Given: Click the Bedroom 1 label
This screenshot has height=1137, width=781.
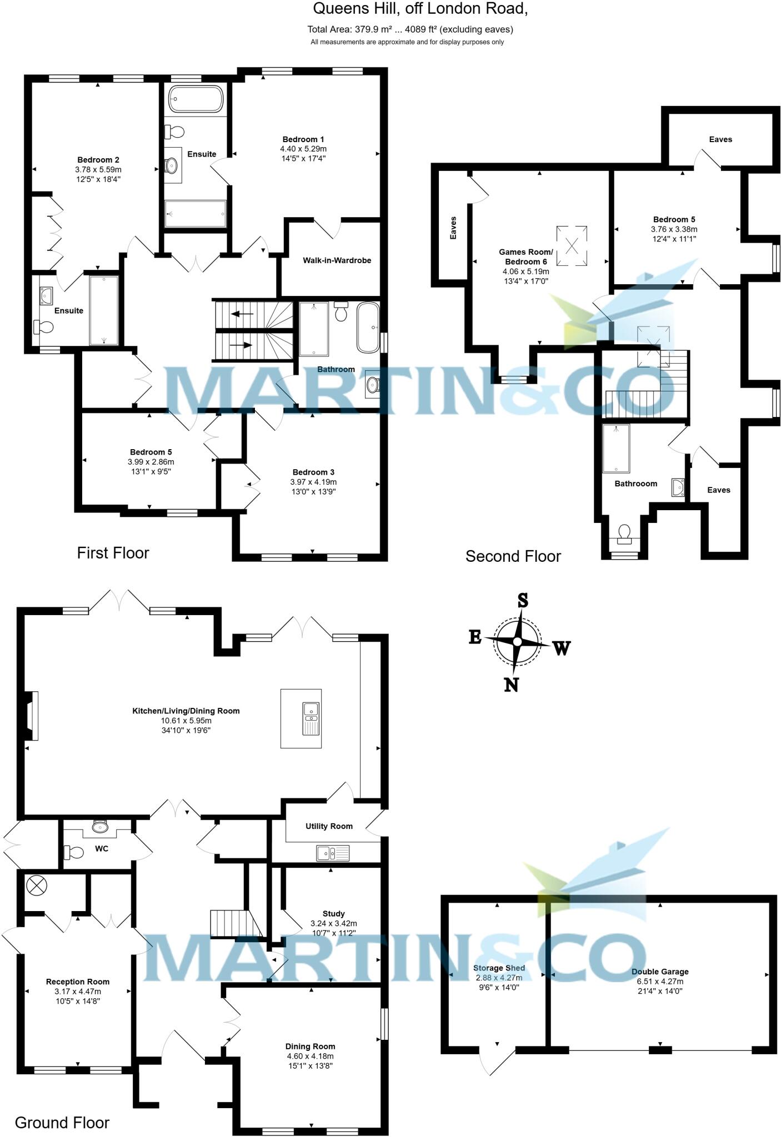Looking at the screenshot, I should pyautogui.click(x=303, y=139).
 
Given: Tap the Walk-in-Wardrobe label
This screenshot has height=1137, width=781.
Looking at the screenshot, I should pyautogui.click(x=337, y=260).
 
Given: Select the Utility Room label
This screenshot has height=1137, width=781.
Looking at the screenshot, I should pyautogui.click(x=329, y=826).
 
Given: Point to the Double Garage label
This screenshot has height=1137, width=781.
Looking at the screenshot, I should pyautogui.click(x=660, y=972).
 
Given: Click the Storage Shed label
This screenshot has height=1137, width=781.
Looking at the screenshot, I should pyautogui.click(x=499, y=968).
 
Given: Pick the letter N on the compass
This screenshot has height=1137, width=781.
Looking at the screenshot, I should pyautogui.click(x=511, y=685).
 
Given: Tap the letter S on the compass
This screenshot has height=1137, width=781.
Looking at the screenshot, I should pyautogui.click(x=523, y=600).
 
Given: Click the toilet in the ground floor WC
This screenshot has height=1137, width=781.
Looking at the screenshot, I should pyautogui.click(x=74, y=851).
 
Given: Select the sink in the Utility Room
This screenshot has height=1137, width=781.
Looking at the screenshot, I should pyautogui.click(x=333, y=852).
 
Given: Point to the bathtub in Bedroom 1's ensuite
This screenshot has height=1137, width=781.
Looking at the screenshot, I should pyautogui.click(x=196, y=99).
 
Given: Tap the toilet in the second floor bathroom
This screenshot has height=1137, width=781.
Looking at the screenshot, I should pyautogui.click(x=624, y=533).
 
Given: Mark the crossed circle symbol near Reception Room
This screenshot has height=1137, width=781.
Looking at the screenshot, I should pyautogui.click(x=35, y=887).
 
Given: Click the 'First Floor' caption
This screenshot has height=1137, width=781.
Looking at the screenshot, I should pyautogui.click(x=113, y=553).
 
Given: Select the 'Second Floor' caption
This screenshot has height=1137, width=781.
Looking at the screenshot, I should pyautogui.click(x=513, y=556).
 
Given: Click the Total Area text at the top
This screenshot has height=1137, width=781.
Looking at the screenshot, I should pyautogui.click(x=410, y=29).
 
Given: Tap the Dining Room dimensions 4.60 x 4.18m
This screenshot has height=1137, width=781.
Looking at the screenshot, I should pyautogui.click(x=310, y=1056).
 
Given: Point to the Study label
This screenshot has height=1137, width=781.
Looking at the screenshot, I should pyautogui.click(x=333, y=913).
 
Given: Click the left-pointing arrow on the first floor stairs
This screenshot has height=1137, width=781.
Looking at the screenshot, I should pyautogui.click(x=242, y=314).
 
